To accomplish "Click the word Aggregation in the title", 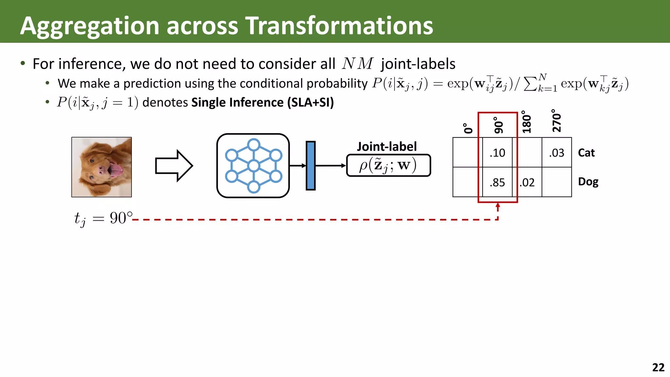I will pyautogui.click(x=89, y=26).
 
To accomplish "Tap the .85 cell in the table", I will pyautogui.click(x=497, y=182).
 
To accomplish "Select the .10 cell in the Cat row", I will pyautogui.click(x=497, y=153).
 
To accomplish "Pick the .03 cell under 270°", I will pyautogui.click(x=556, y=153).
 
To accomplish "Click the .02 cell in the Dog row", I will pyautogui.click(x=527, y=182).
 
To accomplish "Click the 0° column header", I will pyautogui.click(x=468, y=128).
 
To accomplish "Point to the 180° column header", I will pyautogui.click(x=526, y=122).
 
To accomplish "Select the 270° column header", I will pyautogui.click(x=556, y=121).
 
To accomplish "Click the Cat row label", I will pyautogui.click(x=586, y=153).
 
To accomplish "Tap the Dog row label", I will pyautogui.click(x=588, y=182).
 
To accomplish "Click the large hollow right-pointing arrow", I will pyautogui.click(x=173, y=166).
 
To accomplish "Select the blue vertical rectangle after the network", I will pyautogui.click(x=310, y=166).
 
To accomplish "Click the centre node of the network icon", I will pyautogui.click(x=254, y=166).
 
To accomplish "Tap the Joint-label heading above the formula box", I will pyautogui.click(x=387, y=146).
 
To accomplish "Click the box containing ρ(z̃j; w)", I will pyautogui.click(x=388, y=166).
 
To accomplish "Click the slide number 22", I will pyautogui.click(x=658, y=367).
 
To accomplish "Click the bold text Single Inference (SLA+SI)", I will pyautogui.click(x=262, y=102).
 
